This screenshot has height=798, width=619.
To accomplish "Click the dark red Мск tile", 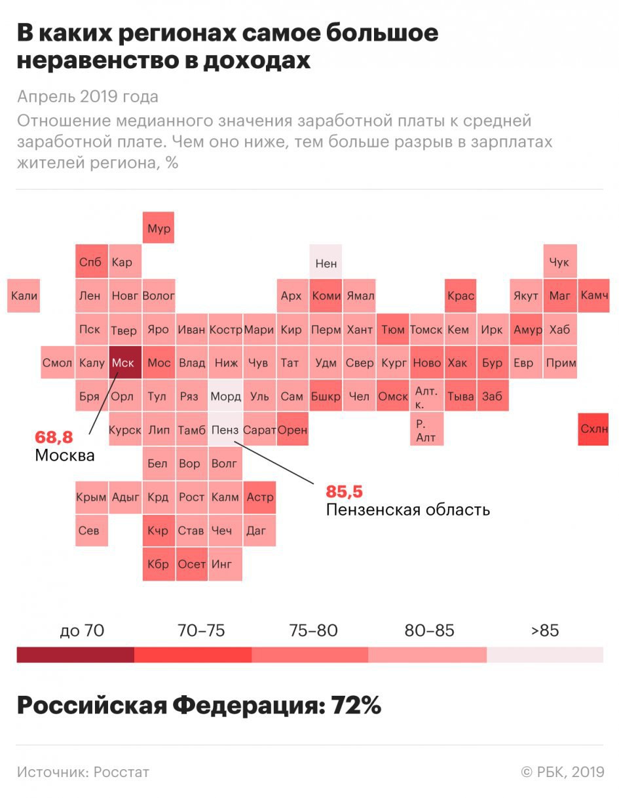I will tap(124, 362).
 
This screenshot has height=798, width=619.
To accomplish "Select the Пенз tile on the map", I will tap(225, 430).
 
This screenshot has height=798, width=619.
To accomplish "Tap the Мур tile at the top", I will tap(159, 228).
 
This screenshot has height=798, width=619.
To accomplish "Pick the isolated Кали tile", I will tap(24, 295).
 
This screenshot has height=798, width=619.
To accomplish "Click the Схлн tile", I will tap(594, 429).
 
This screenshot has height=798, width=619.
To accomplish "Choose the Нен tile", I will tap(326, 262).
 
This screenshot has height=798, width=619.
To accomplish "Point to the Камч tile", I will tap(594, 295).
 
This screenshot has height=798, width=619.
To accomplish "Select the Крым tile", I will tap(91, 497).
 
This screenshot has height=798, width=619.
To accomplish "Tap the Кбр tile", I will tap(159, 564).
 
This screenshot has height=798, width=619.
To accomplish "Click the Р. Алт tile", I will tap(426, 430).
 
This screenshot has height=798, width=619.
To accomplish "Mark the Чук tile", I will tap(560, 262).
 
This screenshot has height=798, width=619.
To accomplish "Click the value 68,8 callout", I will tap(54, 437).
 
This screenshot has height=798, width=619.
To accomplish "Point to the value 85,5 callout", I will tap(345, 491).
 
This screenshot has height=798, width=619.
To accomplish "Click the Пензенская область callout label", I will tap(407, 509).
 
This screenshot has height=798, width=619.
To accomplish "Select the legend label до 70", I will tap(82, 631).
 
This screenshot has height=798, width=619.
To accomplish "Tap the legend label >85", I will tap(545, 631).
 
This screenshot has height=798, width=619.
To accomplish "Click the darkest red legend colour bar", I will tap(75, 655).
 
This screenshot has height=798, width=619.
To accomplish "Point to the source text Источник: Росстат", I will tap(83, 772).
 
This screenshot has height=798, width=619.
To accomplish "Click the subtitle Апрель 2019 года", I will tap(88, 97).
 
